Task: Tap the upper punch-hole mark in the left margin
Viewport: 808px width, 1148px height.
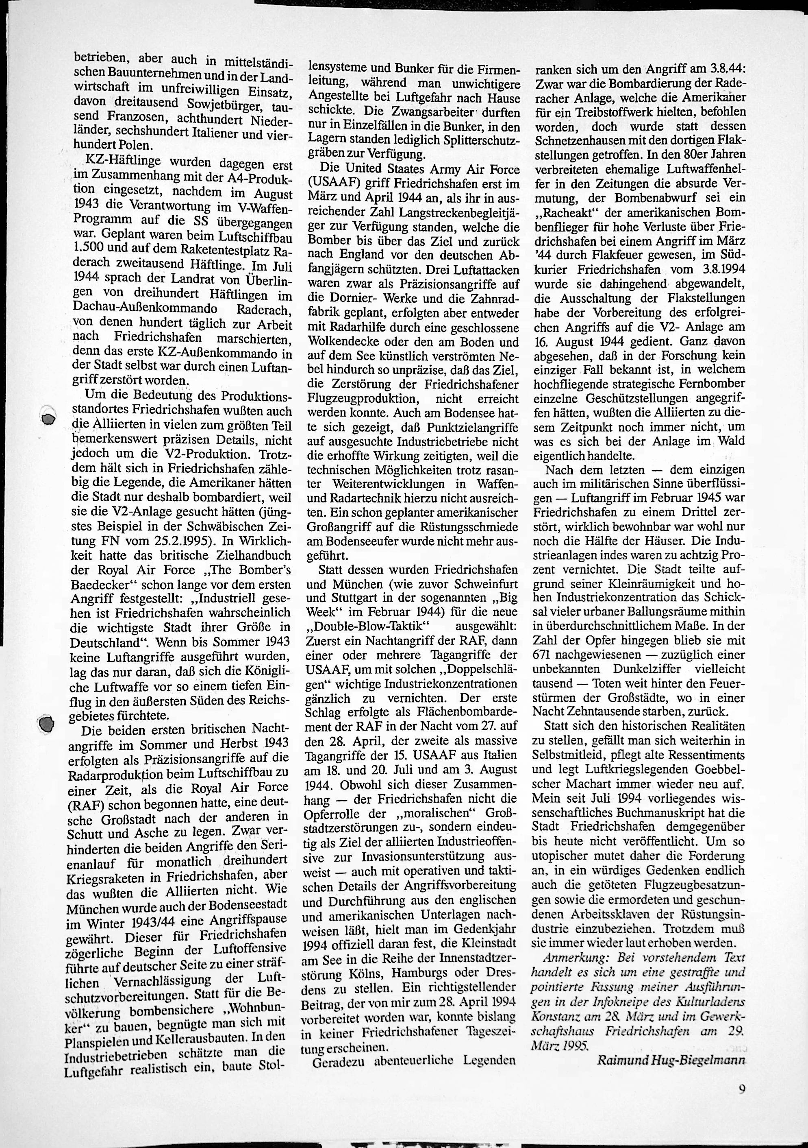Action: (48, 418)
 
